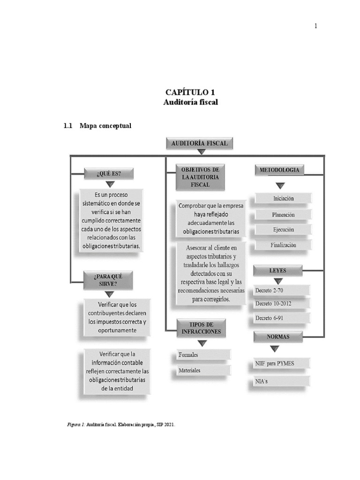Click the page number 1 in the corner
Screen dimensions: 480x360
[316, 26]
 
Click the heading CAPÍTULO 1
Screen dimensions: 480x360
[190, 92]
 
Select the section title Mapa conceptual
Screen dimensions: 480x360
[105, 126]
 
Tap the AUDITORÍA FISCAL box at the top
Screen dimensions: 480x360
[200, 143]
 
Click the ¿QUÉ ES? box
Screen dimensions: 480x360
[109, 173]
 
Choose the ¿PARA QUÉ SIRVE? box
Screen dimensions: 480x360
[108, 280]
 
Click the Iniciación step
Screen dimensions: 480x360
[283, 199]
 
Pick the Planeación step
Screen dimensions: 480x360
[283, 215]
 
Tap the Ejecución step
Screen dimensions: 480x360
[283, 230]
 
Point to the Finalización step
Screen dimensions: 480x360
[283, 245]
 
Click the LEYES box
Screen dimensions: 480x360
[277, 270]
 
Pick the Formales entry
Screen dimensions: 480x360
[203, 355]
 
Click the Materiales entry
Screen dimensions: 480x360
[203, 370]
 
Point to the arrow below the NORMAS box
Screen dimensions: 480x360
[275, 348]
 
